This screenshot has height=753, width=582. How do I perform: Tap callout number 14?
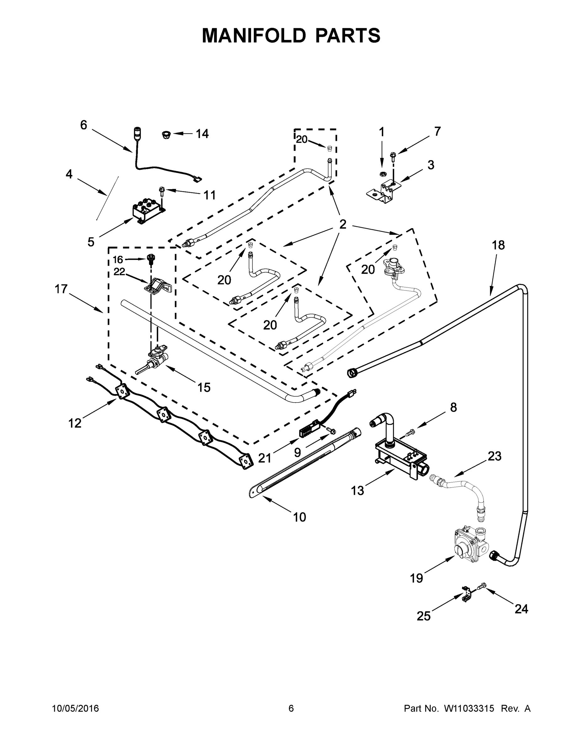click(x=202, y=134)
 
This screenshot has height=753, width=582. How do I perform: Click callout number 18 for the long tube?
click(x=498, y=245)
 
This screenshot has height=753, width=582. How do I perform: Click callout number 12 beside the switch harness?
click(x=75, y=423)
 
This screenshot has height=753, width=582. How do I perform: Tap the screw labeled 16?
click(x=151, y=259)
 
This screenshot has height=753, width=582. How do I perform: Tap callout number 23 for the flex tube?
click(x=494, y=456)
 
